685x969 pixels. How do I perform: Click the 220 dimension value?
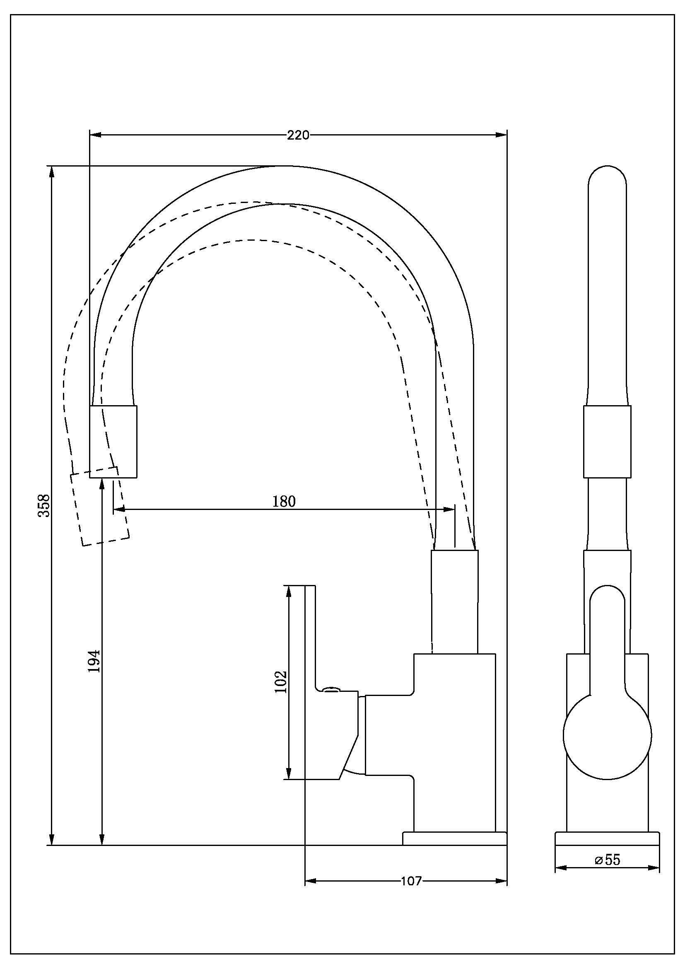click(x=298, y=135)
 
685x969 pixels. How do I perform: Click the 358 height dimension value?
click(x=44, y=505)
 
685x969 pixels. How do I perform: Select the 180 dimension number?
click(x=284, y=501)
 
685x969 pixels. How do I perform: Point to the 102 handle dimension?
click(x=280, y=681)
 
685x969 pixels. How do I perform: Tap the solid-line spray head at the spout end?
click(x=113, y=442)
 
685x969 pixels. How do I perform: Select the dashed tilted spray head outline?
click(x=99, y=506)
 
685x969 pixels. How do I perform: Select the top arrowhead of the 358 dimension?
click(x=52, y=172)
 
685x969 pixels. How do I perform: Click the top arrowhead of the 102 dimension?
click(x=289, y=591)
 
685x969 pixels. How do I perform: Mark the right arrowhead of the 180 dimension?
click(x=449, y=510)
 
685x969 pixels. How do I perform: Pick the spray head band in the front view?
click(x=607, y=442)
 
